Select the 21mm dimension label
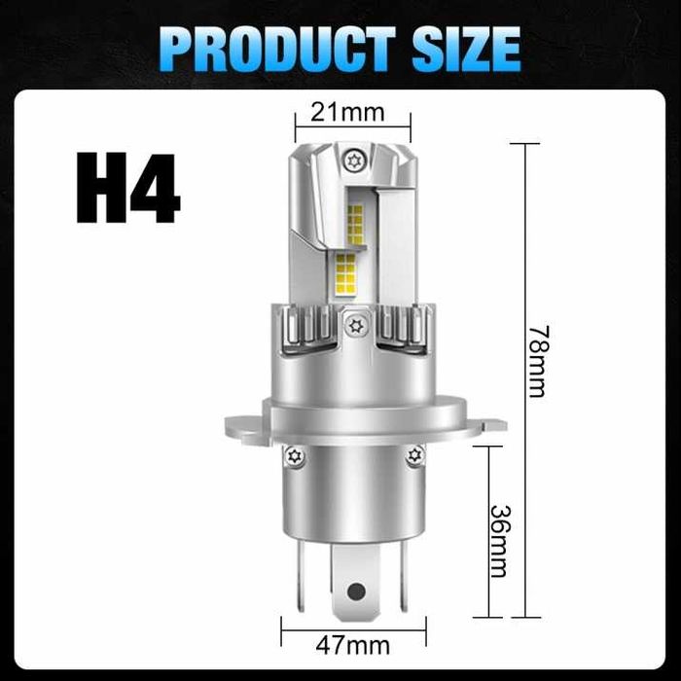[347, 112]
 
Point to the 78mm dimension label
[537, 361]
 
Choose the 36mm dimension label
[498, 539]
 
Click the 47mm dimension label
[353, 644]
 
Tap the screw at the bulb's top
[351, 160]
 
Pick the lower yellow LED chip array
[345, 269]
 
